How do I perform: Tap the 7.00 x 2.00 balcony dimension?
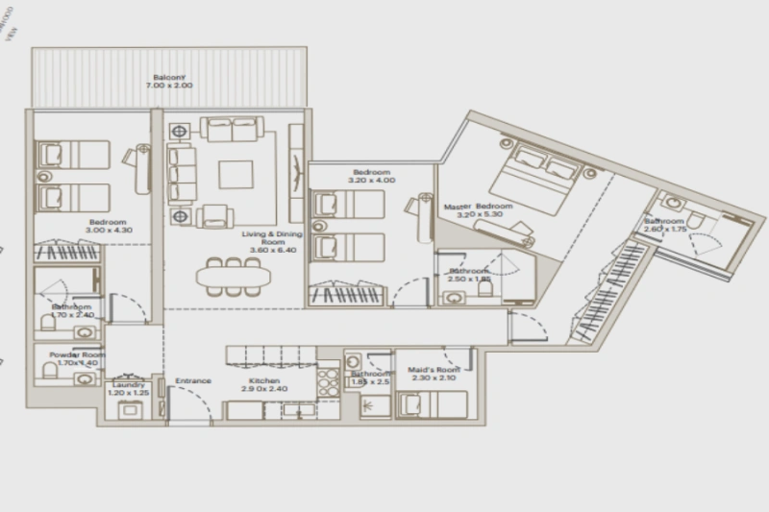[x=169, y=87]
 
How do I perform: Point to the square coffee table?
[x=236, y=175]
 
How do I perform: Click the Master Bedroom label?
[x=478, y=207]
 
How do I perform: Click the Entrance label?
[x=192, y=381]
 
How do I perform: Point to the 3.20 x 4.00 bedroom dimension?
[x=371, y=182]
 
